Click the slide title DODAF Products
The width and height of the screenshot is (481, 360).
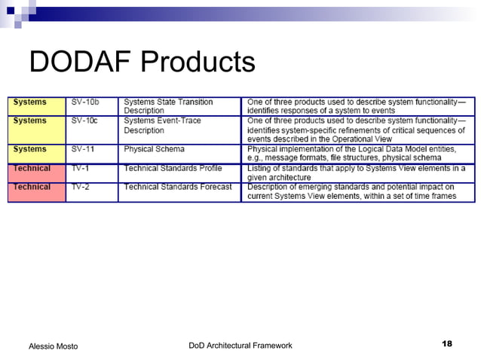(x=142, y=62)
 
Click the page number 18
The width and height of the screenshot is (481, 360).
(x=446, y=344)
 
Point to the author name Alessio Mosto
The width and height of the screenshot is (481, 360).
(x=53, y=346)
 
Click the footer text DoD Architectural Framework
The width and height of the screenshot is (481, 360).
(x=240, y=345)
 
